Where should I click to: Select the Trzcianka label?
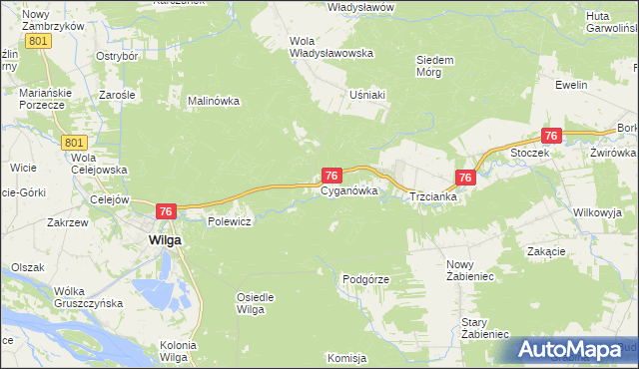[433, 197]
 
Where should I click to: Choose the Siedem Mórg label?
[435, 66]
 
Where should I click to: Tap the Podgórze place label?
[365, 280]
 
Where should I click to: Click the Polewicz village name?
[228, 221]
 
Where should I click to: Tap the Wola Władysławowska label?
[330, 47]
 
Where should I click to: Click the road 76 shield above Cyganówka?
[333, 175]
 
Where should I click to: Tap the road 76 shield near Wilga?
[167, 210]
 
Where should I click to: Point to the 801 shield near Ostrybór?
[39, 41]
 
